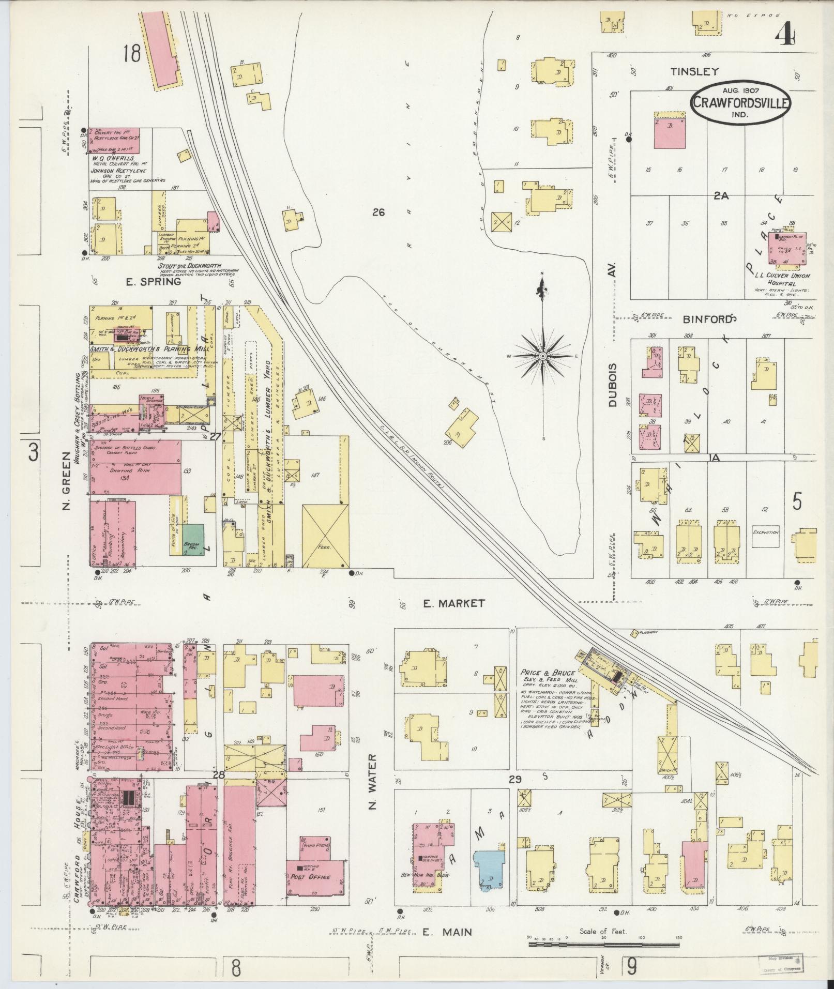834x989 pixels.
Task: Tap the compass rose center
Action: (543, 357)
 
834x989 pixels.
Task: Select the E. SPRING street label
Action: (154, 282)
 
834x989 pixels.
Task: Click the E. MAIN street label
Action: (447, 932)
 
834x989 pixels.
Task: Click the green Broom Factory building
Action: (192, 540)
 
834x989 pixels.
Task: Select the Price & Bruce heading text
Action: (548, 673)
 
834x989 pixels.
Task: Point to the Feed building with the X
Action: (325, 536)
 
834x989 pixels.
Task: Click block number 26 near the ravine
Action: (378, 212)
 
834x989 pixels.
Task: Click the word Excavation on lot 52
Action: (765, 531)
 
